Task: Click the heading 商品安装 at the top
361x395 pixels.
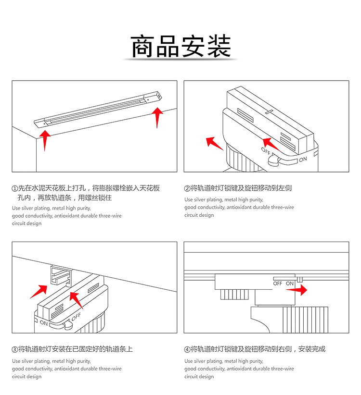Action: click(x=180, y=47)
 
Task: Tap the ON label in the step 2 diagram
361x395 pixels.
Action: click(x=302, y=159)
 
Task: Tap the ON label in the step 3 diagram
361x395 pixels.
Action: click(x=44, y=323)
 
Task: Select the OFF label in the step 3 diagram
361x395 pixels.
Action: click(x=76, y=317)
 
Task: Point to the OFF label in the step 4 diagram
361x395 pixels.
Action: click(x=277, y=284)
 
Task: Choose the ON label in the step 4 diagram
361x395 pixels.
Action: click(x=289, y=284)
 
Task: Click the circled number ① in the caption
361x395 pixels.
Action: click(x=15, y=188)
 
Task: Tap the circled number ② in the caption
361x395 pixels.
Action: click(x=187, y=188)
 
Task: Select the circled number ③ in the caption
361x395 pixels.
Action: click(x=15, y=349)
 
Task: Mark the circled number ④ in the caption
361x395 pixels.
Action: click(x=187, y=349)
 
